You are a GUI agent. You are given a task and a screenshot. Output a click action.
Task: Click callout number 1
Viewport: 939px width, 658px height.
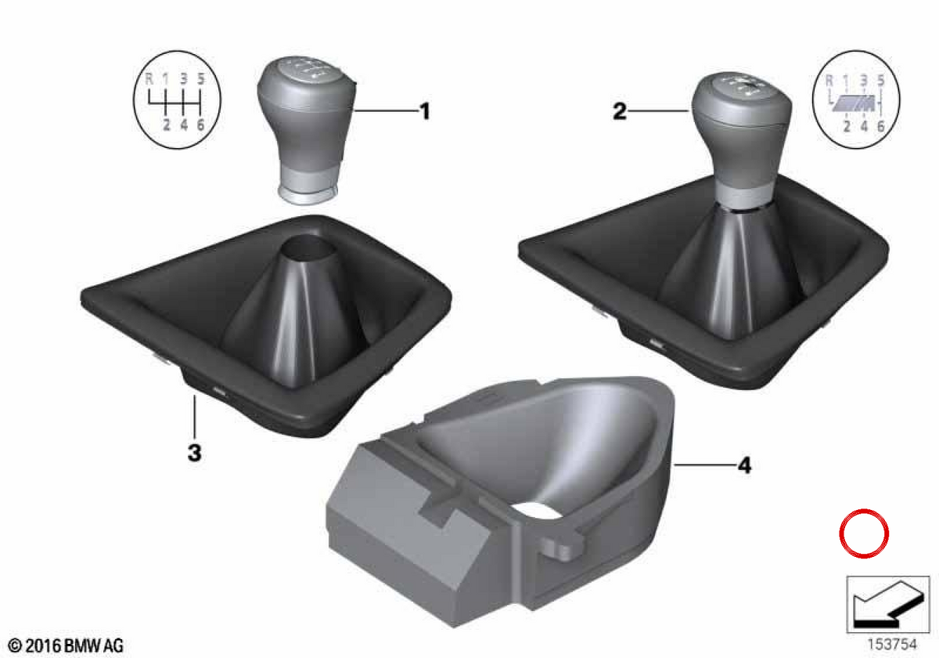(425, 111)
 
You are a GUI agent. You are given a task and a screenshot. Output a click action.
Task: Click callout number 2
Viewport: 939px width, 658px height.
(620, 111)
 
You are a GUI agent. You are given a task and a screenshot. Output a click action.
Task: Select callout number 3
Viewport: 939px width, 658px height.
(195, 454)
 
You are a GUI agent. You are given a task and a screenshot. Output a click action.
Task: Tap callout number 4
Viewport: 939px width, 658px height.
(744, 465)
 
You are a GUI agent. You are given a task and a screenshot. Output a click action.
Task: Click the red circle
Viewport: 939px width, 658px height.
(864, 533)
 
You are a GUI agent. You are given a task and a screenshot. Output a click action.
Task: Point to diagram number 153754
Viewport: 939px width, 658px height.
(891, 644)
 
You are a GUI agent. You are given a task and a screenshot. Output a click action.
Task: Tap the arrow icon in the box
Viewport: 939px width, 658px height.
(888, 604)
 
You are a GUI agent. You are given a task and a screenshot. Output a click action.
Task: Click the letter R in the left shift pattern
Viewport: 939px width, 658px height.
(149, 78)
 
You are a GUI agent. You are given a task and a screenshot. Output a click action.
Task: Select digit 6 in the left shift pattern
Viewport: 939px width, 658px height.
(201, 125)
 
